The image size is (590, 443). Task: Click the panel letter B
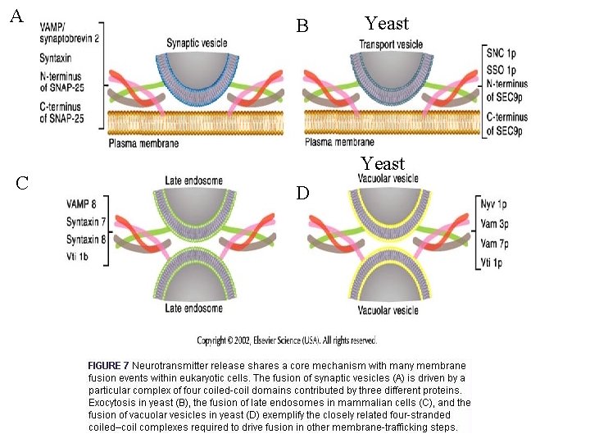[302, 26]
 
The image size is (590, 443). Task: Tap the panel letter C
[22, 182]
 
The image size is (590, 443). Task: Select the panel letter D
[302, 193]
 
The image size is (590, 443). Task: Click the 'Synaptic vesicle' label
[197, 43]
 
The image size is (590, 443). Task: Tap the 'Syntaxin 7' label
[84, 222]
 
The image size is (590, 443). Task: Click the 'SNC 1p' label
[501, 53]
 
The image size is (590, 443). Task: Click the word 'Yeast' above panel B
[386, 23]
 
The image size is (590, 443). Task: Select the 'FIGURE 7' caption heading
[108, 365]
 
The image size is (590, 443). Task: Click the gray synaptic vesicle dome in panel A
[196, 74]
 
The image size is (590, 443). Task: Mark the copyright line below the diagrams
[286, 340]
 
